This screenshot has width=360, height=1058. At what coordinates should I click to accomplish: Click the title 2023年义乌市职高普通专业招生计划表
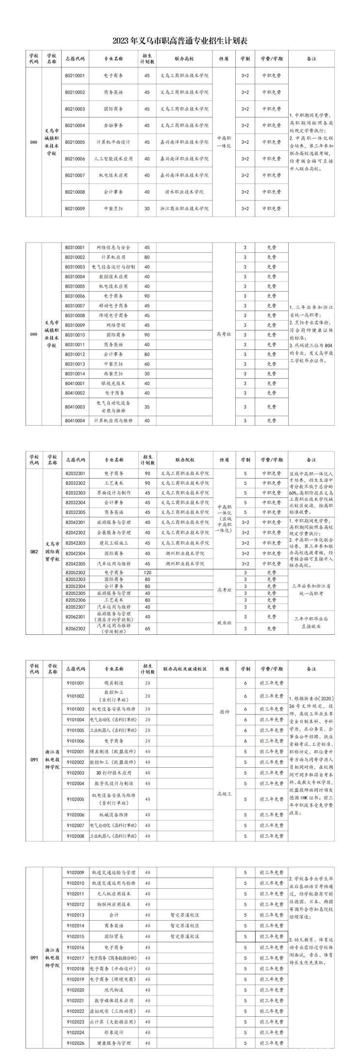click(180, 40)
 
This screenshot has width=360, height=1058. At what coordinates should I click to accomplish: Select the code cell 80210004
click(75, 125)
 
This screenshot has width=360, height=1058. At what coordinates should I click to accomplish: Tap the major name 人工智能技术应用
click(113, 159)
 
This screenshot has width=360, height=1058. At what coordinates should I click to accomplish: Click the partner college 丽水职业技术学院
click(184, 192)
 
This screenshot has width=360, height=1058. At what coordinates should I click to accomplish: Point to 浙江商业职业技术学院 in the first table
click(184, 208)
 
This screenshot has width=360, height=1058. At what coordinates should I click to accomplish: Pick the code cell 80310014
click(75, 374)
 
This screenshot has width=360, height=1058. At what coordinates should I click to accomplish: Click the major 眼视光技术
click(114, 383)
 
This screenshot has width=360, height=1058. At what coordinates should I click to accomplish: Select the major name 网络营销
click(114, 325)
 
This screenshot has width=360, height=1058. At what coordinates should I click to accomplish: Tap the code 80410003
click(75, 407)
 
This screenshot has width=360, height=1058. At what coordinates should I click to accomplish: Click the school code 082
click(34, 552)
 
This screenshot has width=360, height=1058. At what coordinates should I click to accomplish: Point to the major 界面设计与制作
click(114, 493)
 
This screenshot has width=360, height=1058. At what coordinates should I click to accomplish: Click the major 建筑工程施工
click(114, 543)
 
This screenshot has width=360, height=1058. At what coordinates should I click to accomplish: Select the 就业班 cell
click(224, 622)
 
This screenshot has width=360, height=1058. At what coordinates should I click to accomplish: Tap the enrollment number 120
click(147, 573)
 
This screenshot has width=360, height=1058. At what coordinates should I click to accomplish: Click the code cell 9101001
click(75, 683)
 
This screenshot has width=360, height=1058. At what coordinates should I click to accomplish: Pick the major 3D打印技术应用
click(114, 773)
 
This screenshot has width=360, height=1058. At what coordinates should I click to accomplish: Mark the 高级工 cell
click(224, 793)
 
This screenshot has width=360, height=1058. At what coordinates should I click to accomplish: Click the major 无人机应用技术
click(114, 893)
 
